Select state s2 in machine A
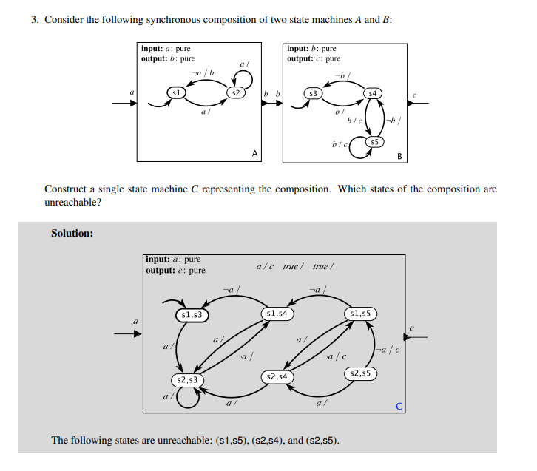[x=234, y=93]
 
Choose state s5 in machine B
[x=375, y=141]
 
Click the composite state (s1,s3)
[x=192, y=315]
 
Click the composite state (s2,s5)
[x=361, y=373]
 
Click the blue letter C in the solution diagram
[x=399, y=407]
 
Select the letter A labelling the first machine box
[x=254, y=155]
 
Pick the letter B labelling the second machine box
[x=399, y=156]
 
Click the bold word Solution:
[x=72, y=234]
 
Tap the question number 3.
[x=34, y=19]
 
